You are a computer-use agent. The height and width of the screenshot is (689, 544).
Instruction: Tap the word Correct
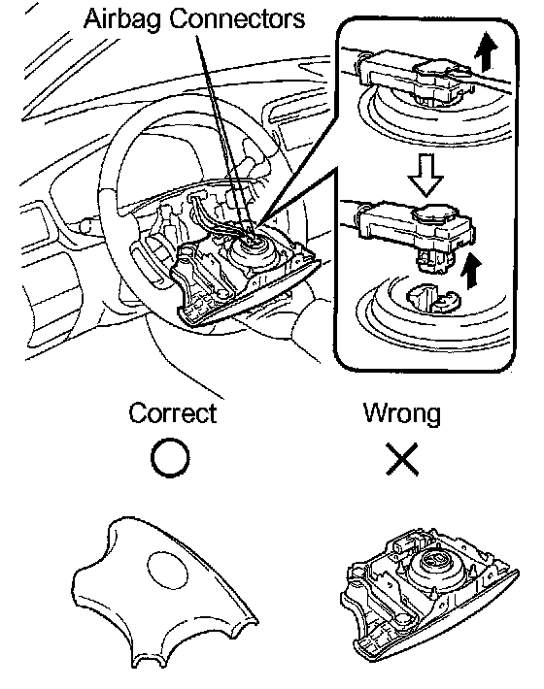coord(172,413)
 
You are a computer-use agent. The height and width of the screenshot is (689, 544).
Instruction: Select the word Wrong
coord(402,413)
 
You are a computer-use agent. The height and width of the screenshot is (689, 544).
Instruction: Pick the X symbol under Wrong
coord(402,459)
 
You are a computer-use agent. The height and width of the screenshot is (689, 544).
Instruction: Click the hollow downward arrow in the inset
coord(425,174)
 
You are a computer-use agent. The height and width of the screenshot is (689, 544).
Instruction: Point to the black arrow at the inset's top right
coord(486,51)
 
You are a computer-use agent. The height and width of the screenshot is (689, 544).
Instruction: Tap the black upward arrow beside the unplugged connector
coord(471,272)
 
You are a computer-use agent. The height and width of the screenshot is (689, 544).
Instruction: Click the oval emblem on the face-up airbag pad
coord(167,570)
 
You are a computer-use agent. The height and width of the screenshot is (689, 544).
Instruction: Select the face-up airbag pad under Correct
coord(164,591)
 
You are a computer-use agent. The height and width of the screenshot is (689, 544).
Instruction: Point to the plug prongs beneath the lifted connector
coord(432,261)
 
